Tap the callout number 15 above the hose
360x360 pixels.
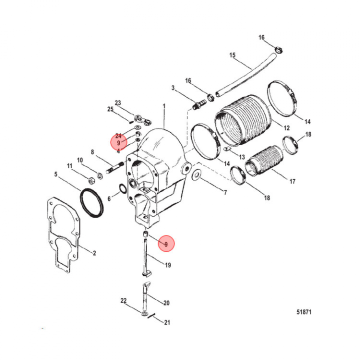[232, 55]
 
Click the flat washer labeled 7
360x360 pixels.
[196, 175]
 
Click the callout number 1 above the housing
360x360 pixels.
[164, 106]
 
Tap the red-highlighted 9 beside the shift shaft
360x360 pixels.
[166, 243]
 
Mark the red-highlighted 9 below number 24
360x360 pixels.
[118, 142]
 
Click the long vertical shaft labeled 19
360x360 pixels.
[145, 253]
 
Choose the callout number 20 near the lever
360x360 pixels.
[166, 302]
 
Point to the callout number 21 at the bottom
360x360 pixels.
[167, 322]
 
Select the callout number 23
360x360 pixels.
[118, 103]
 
